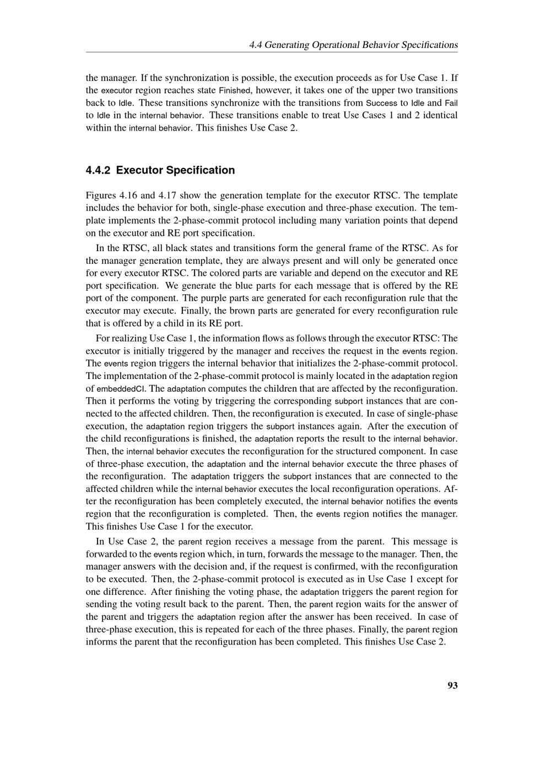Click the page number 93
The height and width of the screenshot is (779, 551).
click(452, 685)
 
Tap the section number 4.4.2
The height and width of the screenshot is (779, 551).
click(98, 170)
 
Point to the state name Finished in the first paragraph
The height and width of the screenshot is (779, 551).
click(235, 90)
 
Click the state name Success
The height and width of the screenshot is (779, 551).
click(382, 103)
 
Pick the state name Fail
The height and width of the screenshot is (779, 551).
click(451, 103)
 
